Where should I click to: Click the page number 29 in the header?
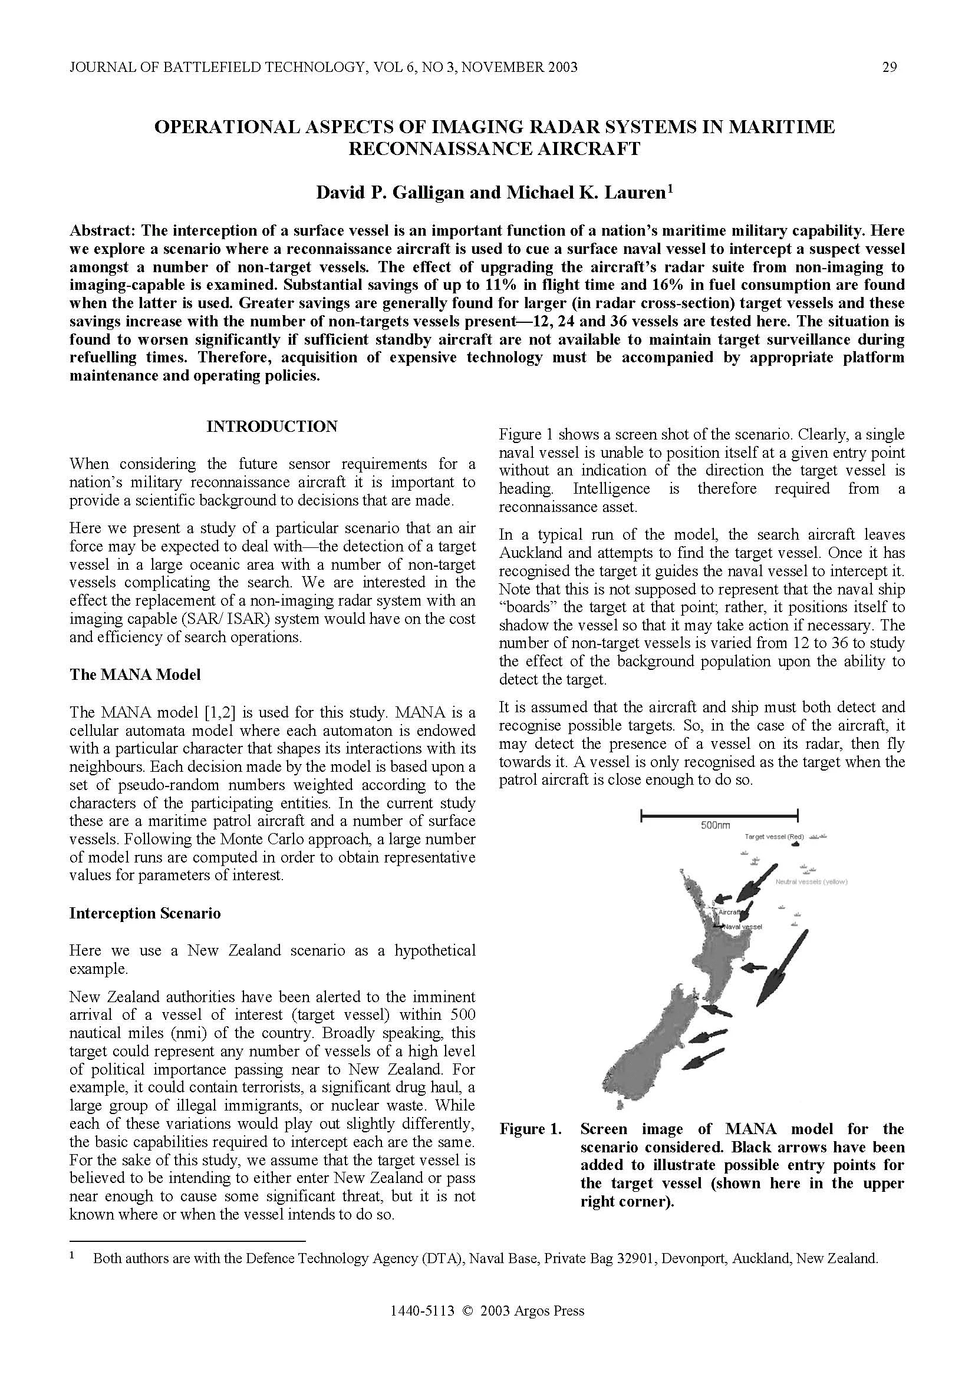pyautogui.click(x=890, y=67)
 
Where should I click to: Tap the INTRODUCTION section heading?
pyautogui.click(x=272, y=426)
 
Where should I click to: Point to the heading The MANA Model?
pyautogui.click(x=135, y=675)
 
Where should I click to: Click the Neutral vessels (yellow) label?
pyautogui.click(x=811, y=882)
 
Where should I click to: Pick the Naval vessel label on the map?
pyautogui.click(x=743, y=927)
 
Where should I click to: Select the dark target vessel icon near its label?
pyautogui.click(x=796, y=844)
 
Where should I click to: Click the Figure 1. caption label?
pyautogui.click(x=530, y=1129)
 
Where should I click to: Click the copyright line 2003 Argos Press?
pyautogui.click(x=487, y=1327)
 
